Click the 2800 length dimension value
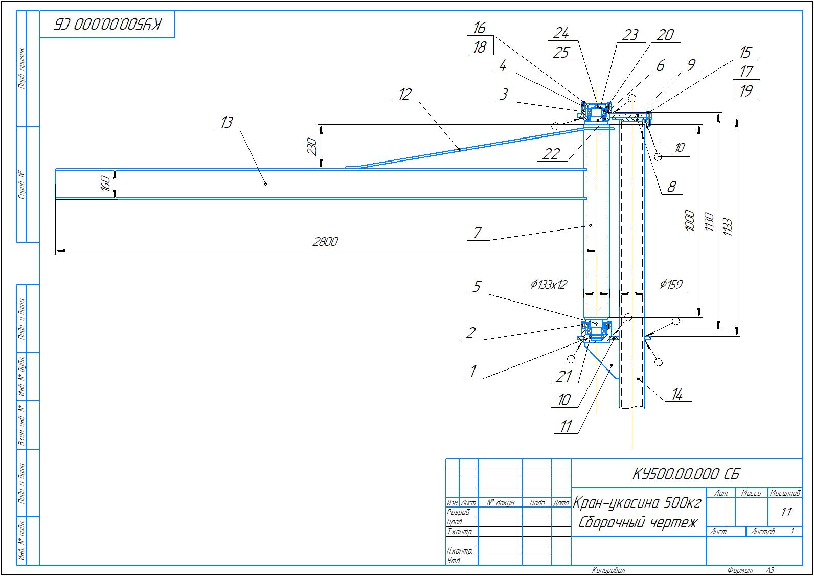coord(325,242)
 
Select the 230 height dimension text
coord(312,147)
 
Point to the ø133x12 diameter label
coord(549,285)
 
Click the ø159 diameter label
coord(671,285)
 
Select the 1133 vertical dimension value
coord(729,227)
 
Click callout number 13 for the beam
coord(227,122)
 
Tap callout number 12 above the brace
coord(405,95)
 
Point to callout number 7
coord(477,233)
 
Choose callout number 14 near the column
coord(677,394)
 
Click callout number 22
coord(551,154)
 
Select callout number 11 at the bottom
coord(566,426)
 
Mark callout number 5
coord(477,286)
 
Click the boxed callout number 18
coord(480,47)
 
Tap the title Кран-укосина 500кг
coord(637,504)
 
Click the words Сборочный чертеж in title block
coord(638,523)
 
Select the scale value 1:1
coord(786,512)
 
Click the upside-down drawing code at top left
coord(107,25)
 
